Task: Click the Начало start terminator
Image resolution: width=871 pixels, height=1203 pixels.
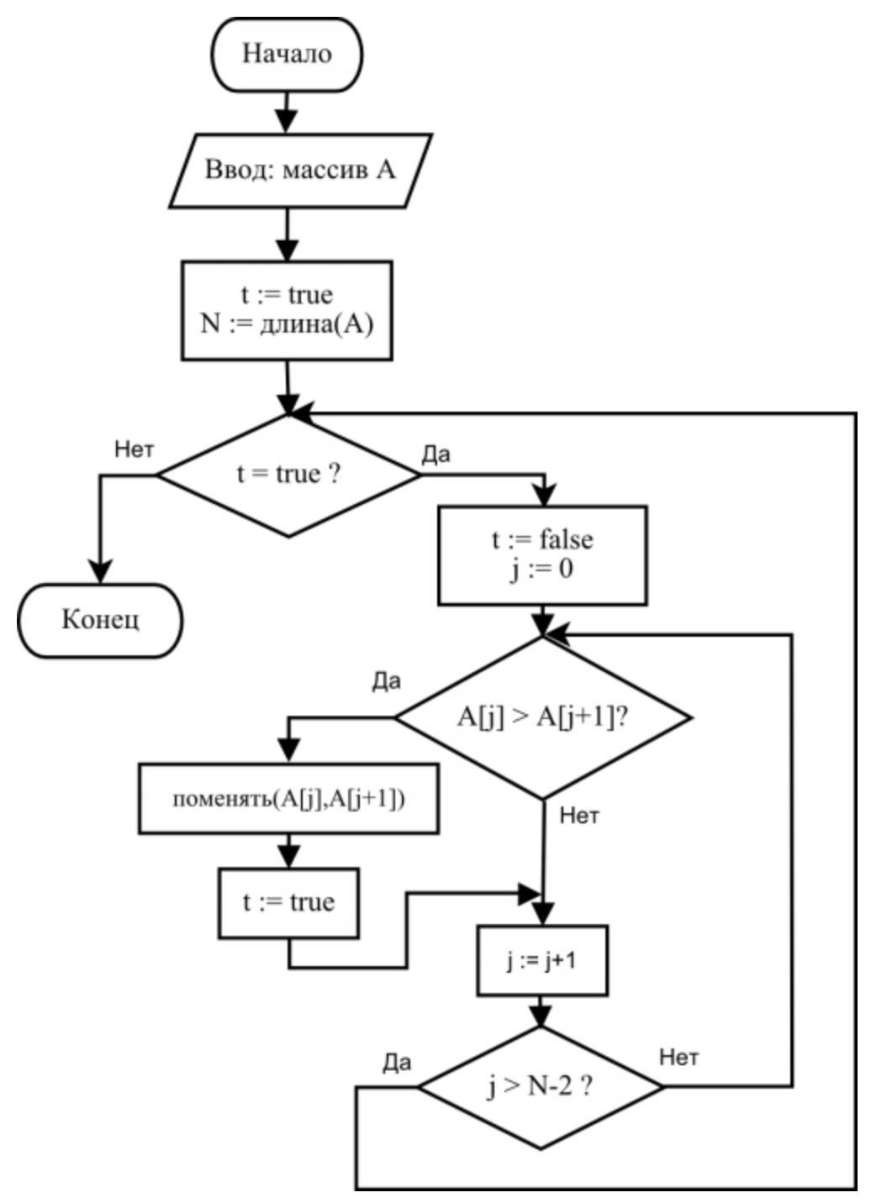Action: coord(287,55)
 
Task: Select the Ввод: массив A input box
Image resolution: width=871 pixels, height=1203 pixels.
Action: coord(300,170)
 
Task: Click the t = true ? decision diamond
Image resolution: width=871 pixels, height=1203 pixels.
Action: coord(288,475)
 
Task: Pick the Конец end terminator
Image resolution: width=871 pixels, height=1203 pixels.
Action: coord(100,620)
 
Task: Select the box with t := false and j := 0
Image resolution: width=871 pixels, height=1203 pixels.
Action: coord(542,554)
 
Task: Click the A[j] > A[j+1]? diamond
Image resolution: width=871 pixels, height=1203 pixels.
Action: coord(543,717)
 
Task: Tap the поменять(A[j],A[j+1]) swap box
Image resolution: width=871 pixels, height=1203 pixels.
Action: coord(288,798)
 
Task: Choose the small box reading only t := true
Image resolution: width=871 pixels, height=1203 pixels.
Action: coord(288,903)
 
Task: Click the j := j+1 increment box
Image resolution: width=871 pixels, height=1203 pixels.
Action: coord(542,960)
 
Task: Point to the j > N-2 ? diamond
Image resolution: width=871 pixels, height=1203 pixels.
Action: coord(541,1087)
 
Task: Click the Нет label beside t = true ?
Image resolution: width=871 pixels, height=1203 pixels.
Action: coord(135,449)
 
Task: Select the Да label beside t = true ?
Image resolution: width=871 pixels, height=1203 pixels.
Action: coord(435,454)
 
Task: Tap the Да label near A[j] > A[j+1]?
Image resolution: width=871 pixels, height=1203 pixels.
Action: coord(387,681)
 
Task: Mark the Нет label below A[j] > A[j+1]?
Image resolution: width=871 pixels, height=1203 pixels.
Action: coord(579,815)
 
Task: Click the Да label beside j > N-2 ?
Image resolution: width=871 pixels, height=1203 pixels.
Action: coord(397,1063)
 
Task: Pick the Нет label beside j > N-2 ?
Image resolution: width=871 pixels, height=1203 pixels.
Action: coord(678,1058)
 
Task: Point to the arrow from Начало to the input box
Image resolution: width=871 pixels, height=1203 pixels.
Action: coord(287,112)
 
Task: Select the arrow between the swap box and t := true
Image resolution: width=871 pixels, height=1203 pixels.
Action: coord(288,850)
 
